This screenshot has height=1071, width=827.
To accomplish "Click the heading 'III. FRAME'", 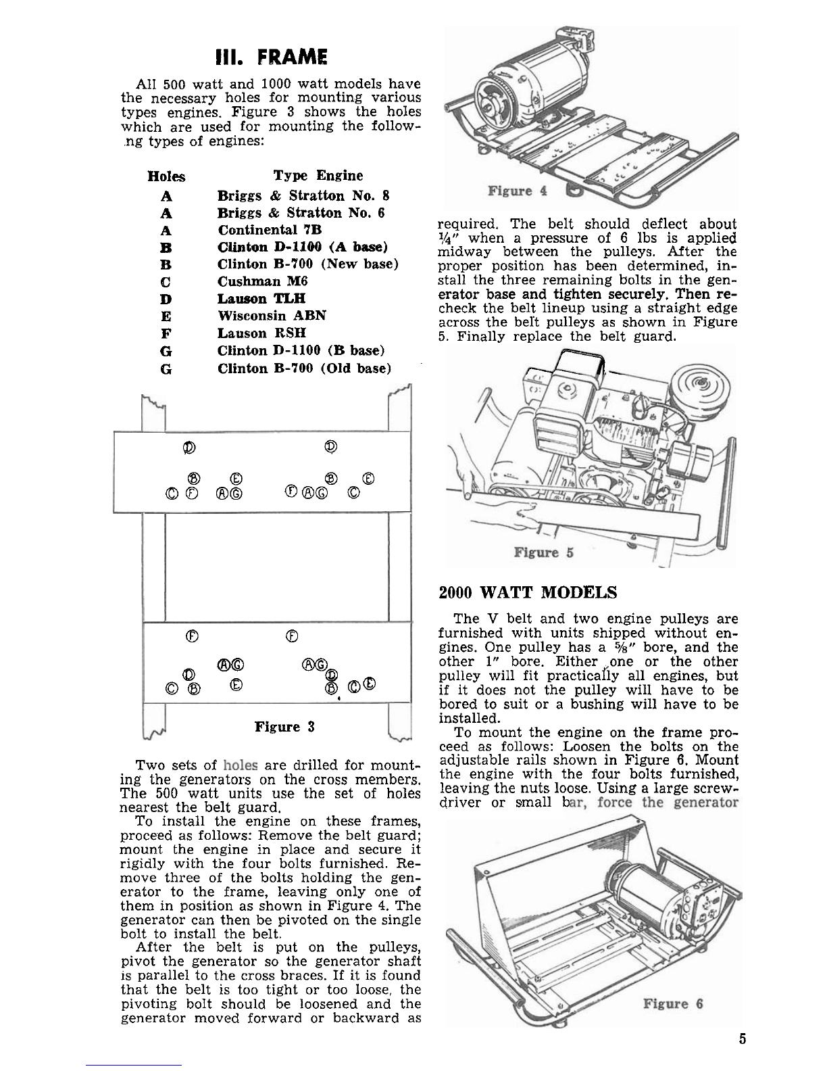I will click(x=270, y=57).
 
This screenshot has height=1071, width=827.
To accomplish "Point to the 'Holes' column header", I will click(x=166, y=177).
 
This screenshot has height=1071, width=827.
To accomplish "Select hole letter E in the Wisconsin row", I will click(x=166, y=316).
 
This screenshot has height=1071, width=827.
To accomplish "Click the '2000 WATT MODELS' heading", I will click(x=528, y=594).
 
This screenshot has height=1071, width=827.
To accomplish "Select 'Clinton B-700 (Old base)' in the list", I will click(x=304, y=368).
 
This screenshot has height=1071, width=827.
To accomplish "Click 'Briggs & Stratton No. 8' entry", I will click(x=303, y=196).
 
